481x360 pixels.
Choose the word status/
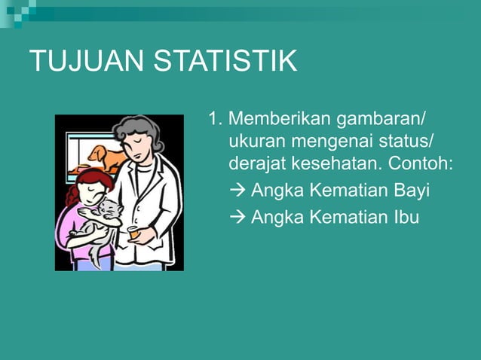(406, 141)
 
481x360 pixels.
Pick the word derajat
(255, 163)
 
